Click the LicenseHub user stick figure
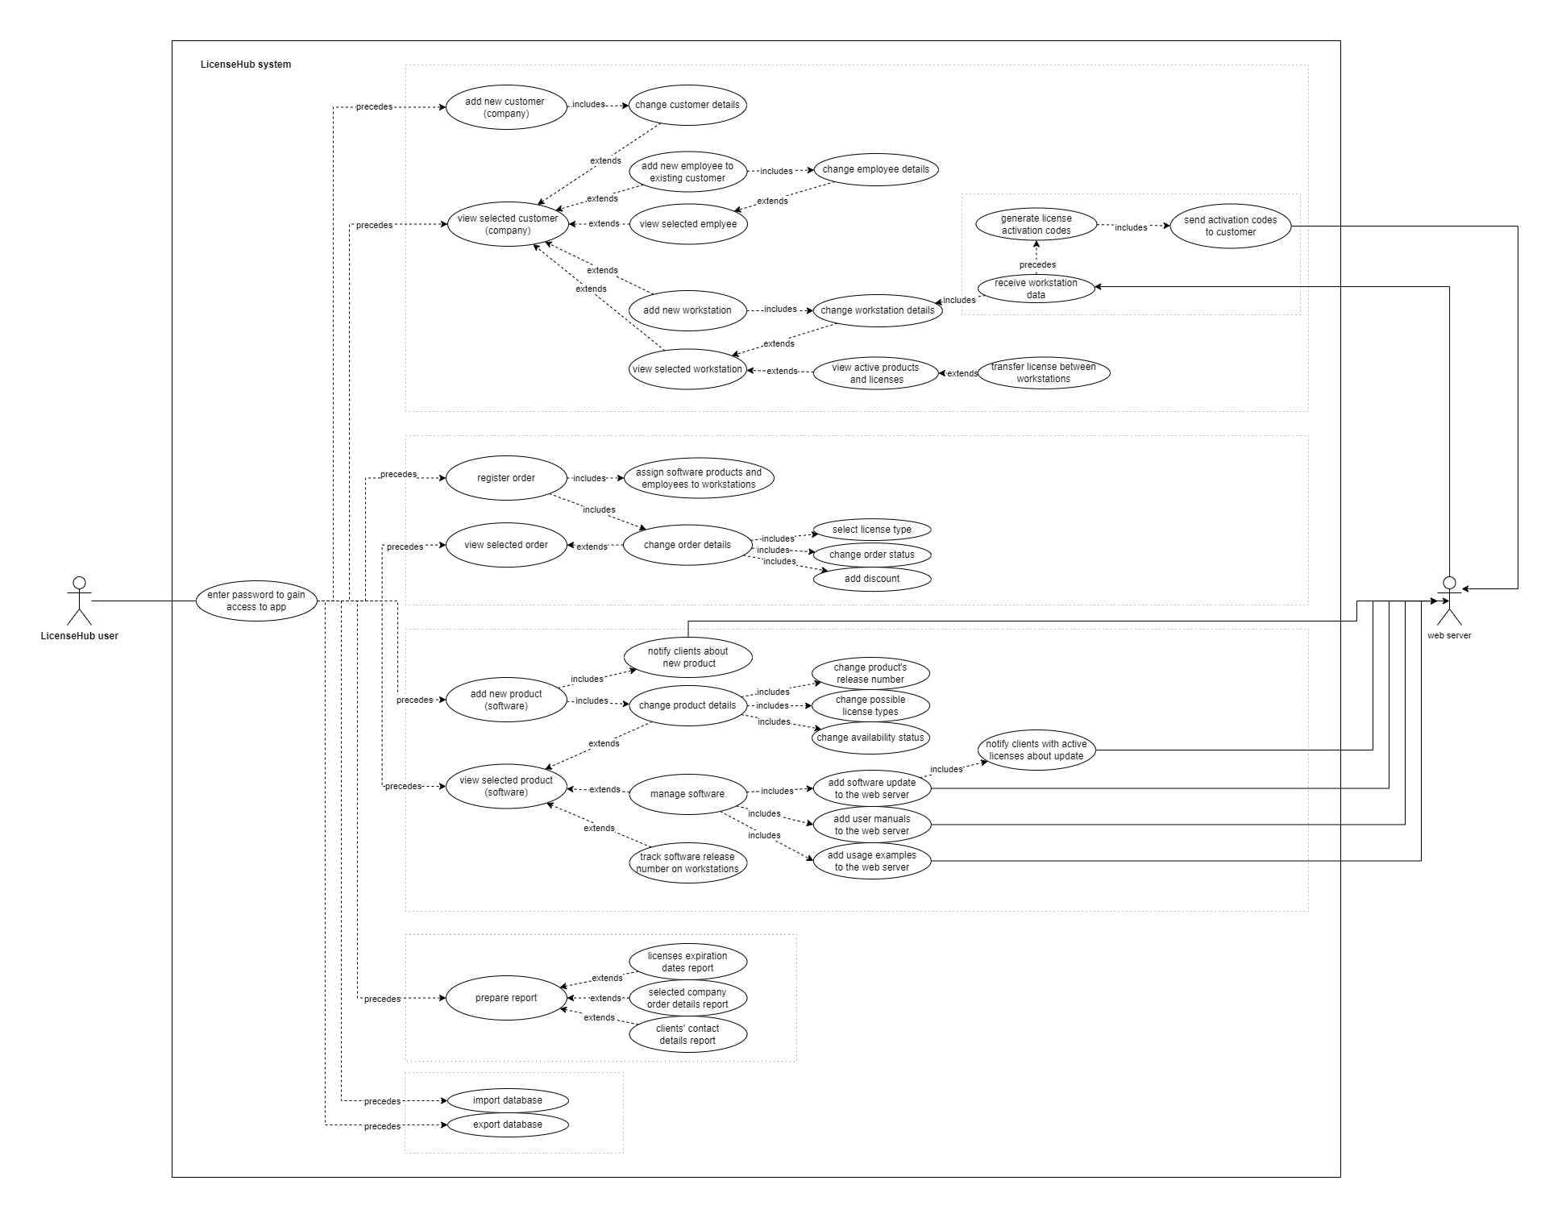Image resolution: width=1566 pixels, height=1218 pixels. tap(79, 601)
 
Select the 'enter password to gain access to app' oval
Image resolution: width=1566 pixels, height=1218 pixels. tap(256, 601)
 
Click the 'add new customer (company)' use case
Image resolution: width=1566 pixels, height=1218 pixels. tap(505, 107)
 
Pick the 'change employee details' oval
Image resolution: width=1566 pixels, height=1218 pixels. tap(875, 169)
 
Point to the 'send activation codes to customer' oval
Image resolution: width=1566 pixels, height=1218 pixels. tap(1230, 226)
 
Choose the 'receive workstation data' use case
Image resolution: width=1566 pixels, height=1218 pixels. tap(1036, 289)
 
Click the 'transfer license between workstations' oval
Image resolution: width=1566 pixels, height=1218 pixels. tap(1043, 372)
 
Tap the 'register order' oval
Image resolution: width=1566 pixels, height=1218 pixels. tap(505, 478)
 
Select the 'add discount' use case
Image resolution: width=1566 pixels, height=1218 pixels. tap(871, 579)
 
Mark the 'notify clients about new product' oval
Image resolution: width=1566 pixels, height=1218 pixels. tap(687, 657)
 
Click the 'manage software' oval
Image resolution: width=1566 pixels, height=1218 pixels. tap(687, 794)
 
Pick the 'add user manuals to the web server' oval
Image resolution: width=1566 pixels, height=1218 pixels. tap(871, 825)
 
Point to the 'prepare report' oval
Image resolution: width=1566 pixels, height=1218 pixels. tap(505, 998)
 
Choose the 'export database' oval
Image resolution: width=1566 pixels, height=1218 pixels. tap(507, 1124)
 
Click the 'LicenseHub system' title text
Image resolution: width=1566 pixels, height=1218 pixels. tap(246, 64)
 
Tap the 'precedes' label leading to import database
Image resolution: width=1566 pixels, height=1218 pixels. tap(382, 1101)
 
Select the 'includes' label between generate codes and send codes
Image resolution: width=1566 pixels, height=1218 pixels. tap(1130, 227)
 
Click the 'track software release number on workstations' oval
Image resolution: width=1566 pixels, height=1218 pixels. tap(687, 863)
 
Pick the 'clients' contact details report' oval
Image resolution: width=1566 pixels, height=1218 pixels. tap(687, 1034)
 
